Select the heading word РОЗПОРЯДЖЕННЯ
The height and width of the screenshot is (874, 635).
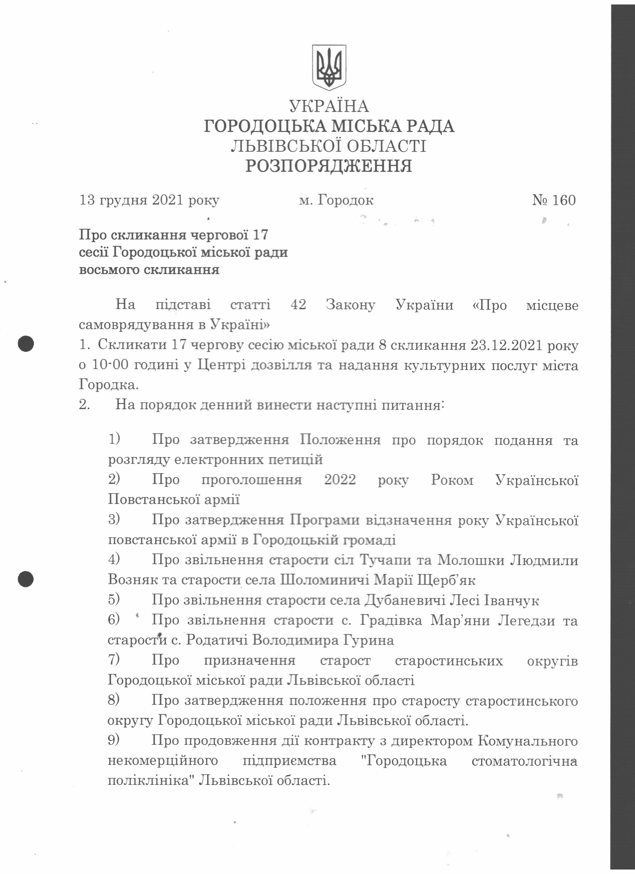click(329, 166)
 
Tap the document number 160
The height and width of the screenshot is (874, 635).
click(564, 200)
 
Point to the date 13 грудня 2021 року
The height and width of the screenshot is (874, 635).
click(149, 200)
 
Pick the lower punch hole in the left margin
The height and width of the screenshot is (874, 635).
click(26, 579)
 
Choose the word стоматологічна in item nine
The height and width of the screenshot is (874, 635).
click(524, 761)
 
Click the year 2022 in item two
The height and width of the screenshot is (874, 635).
click(340, 480)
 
